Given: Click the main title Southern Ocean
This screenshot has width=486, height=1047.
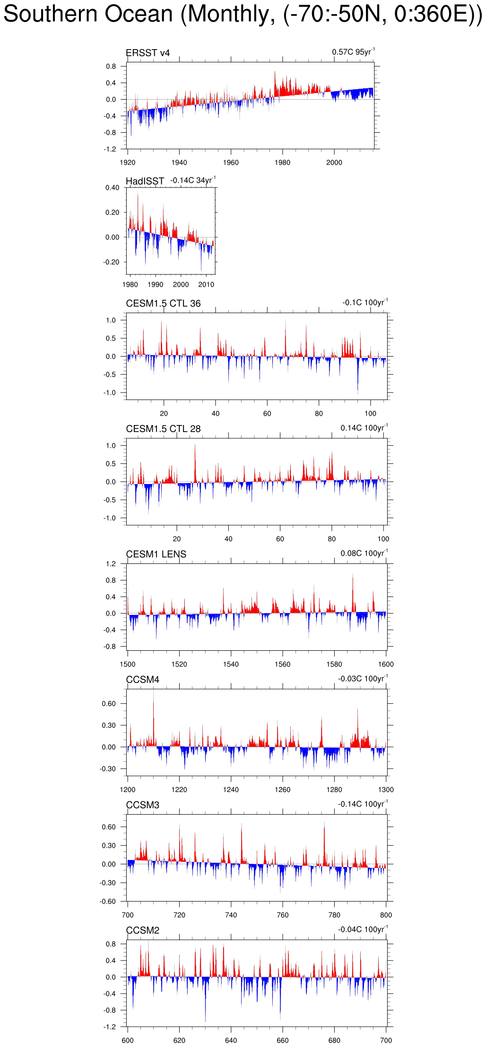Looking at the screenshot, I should (x=243, y=14).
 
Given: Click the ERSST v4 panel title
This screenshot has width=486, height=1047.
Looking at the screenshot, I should (x=148, y=53).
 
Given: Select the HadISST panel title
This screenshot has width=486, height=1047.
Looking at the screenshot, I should (x=145, y=181).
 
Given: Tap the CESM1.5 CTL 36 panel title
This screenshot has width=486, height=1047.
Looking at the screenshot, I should (x=163, y=304).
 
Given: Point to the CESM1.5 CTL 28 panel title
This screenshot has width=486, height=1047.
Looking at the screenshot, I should (x=163, y=429).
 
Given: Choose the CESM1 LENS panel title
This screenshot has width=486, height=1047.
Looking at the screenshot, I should (x=156, y=554).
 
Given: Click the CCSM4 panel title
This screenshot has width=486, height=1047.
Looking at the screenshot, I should (x=142, y=680).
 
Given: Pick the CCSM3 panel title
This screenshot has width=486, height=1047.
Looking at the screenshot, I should (x=142, y=805).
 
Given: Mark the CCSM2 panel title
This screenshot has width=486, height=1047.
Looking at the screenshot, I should (x=142, y=930).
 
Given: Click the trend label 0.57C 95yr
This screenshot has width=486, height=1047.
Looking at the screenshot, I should (x=353, y=52).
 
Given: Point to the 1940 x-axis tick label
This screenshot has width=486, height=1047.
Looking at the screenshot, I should (x=179, y=163).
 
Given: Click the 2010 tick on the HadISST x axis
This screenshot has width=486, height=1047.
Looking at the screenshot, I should (x=206, y=285).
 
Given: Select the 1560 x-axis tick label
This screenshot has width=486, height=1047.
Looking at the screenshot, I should (x=283, y=664).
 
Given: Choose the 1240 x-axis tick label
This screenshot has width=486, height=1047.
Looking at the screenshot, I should (x=231, y=790).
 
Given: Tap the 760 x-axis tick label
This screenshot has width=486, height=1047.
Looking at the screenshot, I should (x=283, y=915).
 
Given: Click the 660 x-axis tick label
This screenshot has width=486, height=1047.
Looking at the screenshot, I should (x=283, y=1040).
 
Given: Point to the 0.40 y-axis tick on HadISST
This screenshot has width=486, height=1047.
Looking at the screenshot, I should (x=112, y=188).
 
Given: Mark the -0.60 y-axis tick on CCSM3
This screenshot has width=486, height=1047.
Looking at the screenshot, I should (x=109, y=902).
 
